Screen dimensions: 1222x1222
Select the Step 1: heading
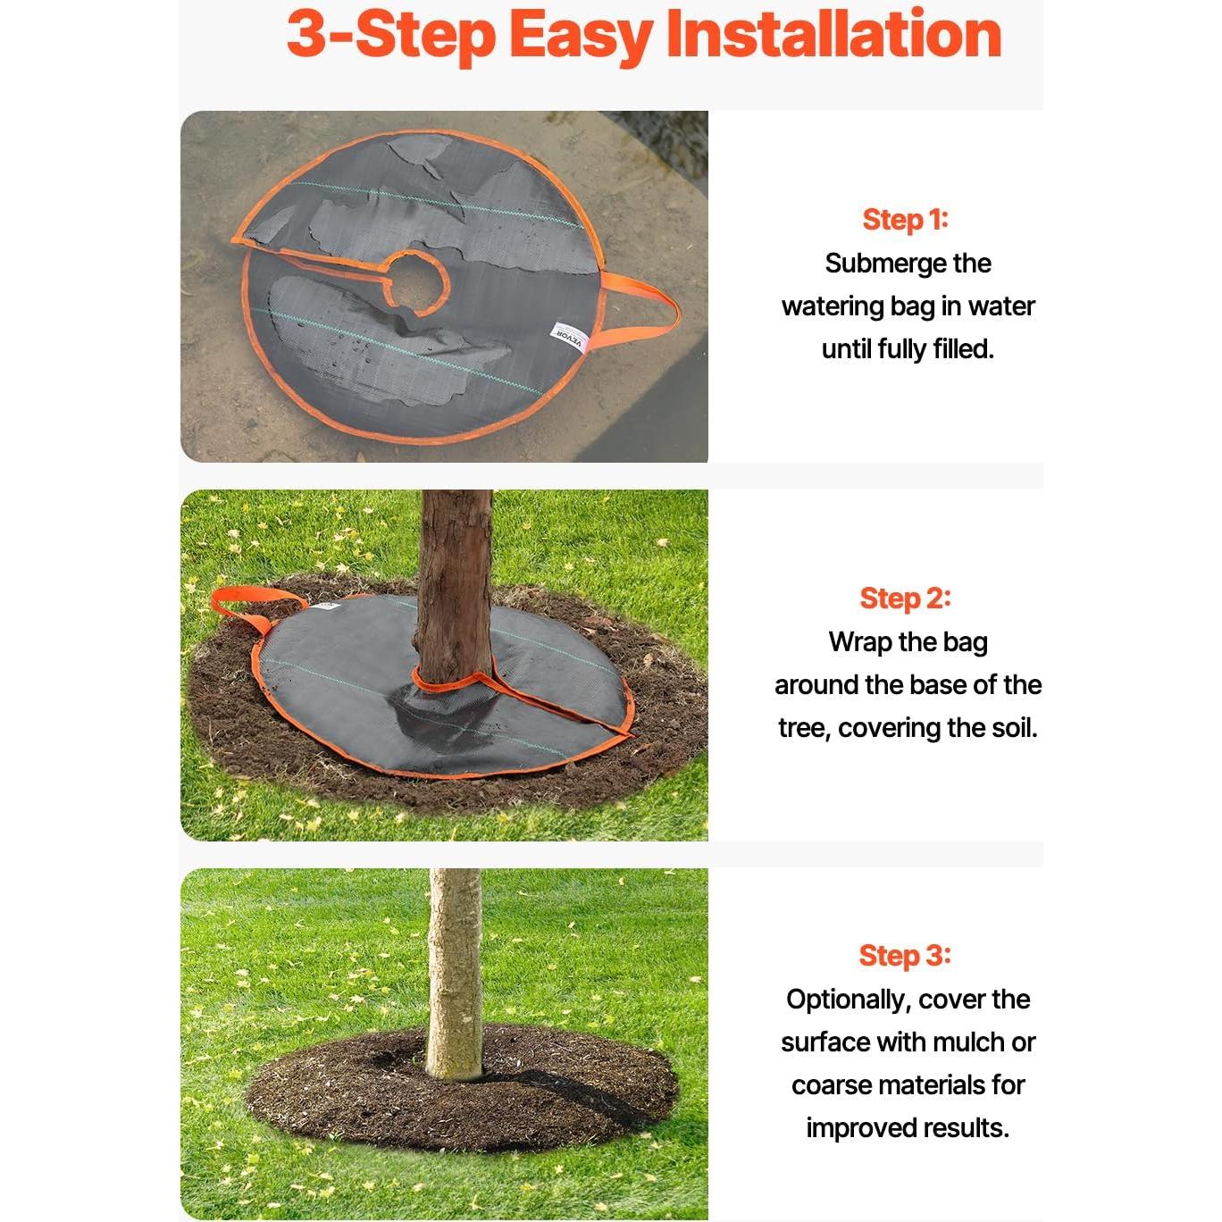905,220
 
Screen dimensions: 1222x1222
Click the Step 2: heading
905,598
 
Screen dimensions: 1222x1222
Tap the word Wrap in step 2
856,641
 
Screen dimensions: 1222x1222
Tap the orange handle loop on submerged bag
641,310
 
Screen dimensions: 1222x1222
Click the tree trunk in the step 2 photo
453,583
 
